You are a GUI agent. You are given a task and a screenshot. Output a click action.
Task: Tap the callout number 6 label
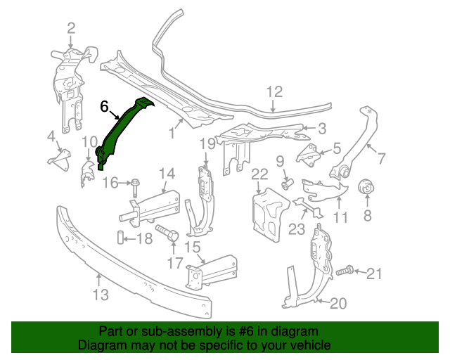tap(104, 107)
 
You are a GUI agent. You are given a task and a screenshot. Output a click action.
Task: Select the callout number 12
tap(274, 91)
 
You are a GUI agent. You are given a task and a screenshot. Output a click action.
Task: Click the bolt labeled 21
tap(347, 271)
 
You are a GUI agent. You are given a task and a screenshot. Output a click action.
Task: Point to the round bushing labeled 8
tap(366, 188)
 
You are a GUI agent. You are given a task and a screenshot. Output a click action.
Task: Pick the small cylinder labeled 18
tap(120, 238)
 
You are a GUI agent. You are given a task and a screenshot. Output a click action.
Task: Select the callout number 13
tap(101, 295)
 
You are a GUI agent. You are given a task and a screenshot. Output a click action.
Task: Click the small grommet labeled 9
tap(287, 184)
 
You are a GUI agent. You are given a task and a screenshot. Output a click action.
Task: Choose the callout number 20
tap(338, 304)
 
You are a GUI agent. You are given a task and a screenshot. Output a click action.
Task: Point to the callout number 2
tap(71, 28)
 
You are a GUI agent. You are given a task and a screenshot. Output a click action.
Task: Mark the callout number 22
tap(259, 174)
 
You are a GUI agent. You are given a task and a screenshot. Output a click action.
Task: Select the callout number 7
tap(381, 158)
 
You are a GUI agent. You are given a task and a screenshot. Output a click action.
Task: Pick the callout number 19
tap(206, 144)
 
